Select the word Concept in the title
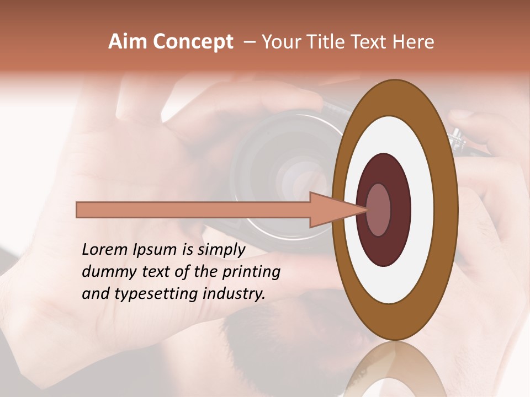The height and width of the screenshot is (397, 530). tap(193, 42)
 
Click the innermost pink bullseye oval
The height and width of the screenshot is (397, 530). tap(379, 210)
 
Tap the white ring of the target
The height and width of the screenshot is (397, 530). tap(422, 210)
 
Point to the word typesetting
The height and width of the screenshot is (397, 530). tap(172, 294)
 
